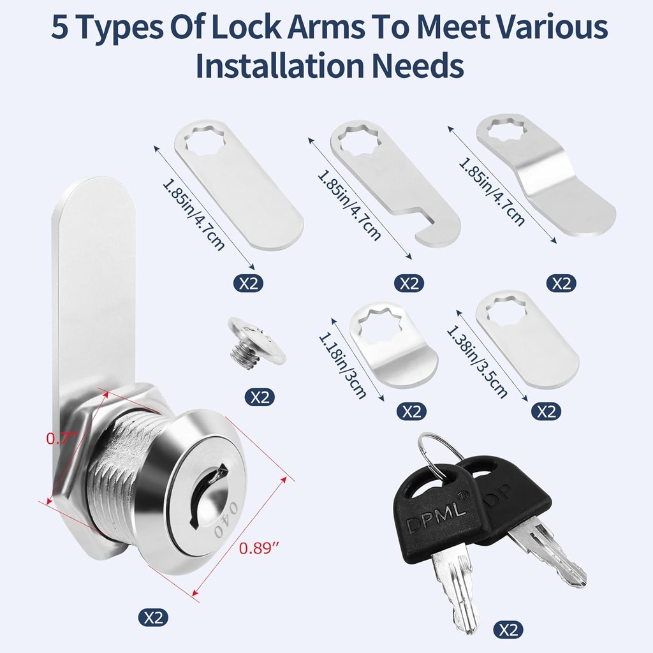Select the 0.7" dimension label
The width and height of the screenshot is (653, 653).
[62, 439]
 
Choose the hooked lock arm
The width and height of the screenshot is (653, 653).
[395, 184]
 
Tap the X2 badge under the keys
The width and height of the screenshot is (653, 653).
[508, 630]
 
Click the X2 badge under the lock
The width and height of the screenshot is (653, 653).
[154, 617]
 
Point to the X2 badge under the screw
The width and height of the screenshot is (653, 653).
[260, 397]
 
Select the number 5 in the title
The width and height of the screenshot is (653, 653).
[61, 27]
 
